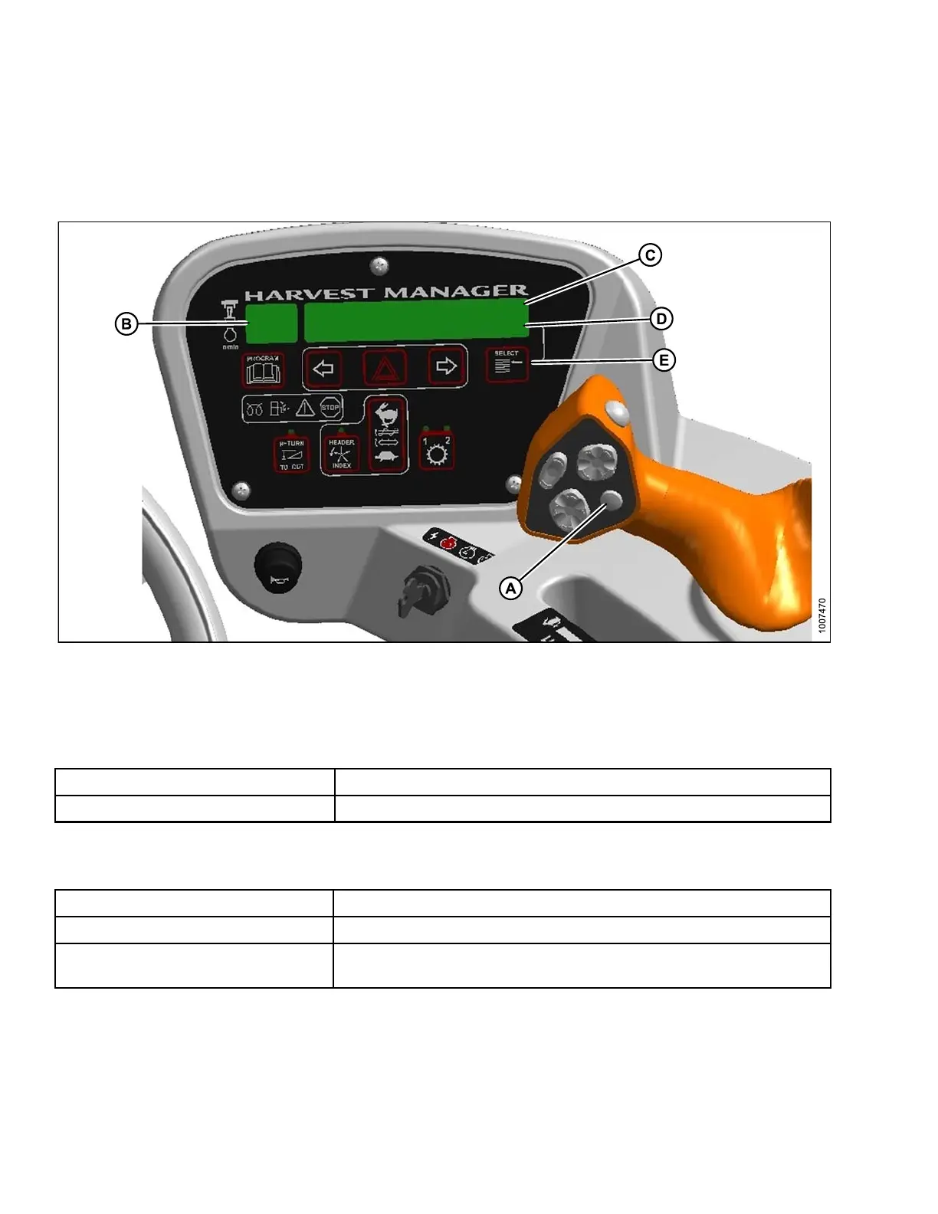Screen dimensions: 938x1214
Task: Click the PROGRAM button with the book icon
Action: [x=263, y=370]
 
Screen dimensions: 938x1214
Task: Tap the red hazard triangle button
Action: [x=385, y=369]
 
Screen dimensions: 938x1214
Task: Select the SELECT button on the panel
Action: [x=507, y=366]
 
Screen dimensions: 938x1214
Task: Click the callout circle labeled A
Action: [x=510, y=588]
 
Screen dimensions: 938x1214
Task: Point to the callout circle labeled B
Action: [x=126, y=324]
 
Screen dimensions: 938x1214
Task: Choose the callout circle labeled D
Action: [x=661, y=319]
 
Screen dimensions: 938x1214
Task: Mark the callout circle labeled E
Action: [x=664, y=360]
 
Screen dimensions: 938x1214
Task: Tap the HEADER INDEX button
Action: [x=341, y=454]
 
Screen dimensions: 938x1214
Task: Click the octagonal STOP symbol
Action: [x=330, y=408]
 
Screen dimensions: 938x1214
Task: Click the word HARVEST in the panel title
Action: [x=310, y=294]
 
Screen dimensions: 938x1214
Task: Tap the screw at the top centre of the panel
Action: [x=379, y=266]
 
